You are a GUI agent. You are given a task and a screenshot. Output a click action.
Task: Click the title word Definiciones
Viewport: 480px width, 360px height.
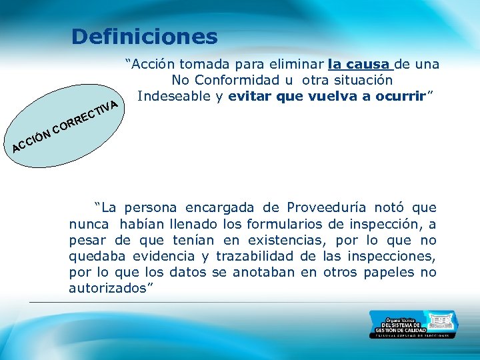click(x=144, y=36)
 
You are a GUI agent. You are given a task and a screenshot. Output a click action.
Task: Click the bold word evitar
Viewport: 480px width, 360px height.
click(x=249, y=95)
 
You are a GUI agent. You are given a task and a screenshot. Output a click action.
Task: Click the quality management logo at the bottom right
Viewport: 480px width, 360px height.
click(x=413, y=324)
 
